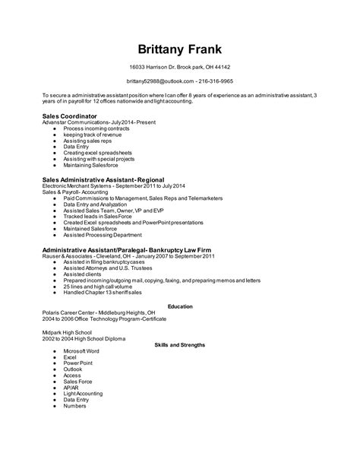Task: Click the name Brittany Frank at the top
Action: [180, 49]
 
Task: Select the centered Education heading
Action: [180, 306]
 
